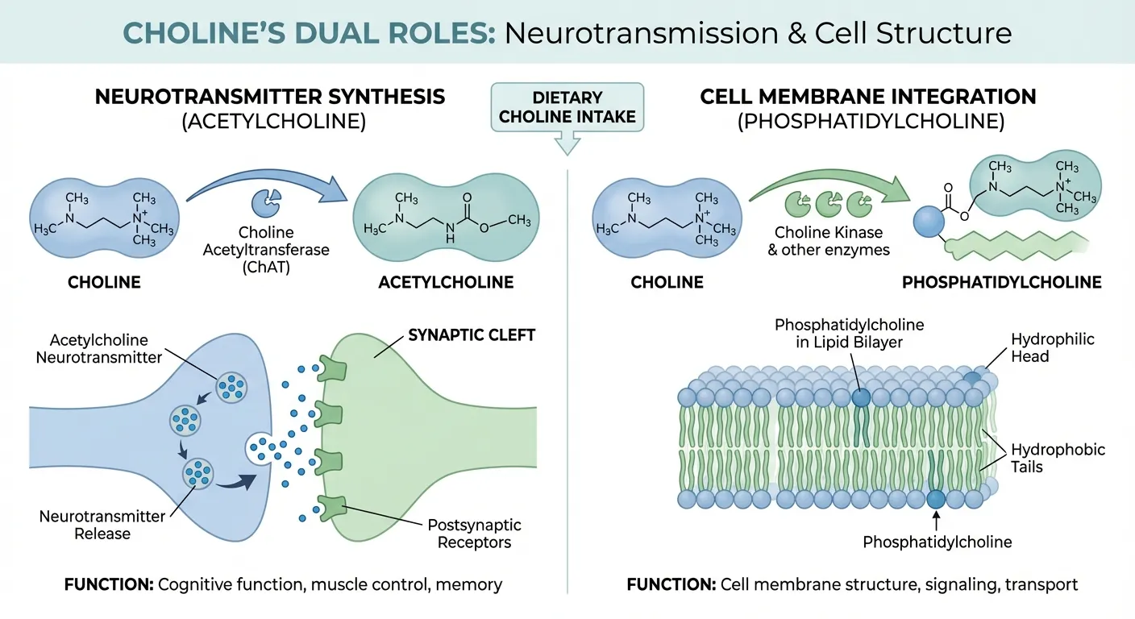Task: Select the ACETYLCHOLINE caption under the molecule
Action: click(x=446, y=282)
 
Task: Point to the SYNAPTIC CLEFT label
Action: click(x=472, y=334)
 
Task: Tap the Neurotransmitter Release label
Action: click(x=102, y=524)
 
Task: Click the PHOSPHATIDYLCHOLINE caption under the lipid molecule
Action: click(x=1001, y=282)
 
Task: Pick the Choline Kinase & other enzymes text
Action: click(x=831, y=241)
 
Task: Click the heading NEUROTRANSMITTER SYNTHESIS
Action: click(x=269, y=97)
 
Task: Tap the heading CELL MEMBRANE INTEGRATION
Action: click(x=867, y=97)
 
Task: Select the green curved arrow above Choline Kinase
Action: click(x=830, y=187)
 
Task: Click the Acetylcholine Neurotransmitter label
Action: click(x=99, y=348)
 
